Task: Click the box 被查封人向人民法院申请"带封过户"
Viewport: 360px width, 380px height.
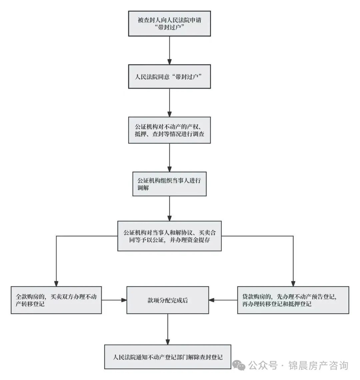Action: [169, 23]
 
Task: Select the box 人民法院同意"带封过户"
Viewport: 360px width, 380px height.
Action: [169, 77]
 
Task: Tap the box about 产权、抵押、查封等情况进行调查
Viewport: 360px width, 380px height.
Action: [169, 130]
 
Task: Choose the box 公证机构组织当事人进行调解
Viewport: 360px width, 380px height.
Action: [169, 184]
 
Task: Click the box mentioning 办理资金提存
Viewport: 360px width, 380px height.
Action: [169, 236]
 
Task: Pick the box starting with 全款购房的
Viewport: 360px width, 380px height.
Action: [56, 300]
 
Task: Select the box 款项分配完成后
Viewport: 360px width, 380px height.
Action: [168, 300]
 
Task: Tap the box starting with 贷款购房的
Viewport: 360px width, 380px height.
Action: [293, 300]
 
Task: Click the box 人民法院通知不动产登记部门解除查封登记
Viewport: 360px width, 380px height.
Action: [168, 357]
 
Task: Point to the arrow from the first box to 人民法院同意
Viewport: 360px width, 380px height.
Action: [169, 50]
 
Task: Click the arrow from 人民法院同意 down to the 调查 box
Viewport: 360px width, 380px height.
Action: [169, 103]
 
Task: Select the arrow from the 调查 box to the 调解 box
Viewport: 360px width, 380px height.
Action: [169, 157]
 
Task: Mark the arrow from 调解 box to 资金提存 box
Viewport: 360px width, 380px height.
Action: [169, 208]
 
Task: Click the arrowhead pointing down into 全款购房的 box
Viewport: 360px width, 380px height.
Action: [56, 283]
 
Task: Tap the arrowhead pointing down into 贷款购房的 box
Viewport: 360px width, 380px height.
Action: [293, 283]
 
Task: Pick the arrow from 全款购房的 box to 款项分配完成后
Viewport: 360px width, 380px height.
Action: [114, 300]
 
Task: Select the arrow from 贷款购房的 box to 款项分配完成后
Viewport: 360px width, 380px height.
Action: [223, 300]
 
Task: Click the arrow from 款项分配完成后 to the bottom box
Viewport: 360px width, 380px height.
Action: [168, 329]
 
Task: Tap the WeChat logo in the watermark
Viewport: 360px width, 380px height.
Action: [239, 365]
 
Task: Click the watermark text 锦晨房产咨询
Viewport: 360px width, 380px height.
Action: [318, 366]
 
